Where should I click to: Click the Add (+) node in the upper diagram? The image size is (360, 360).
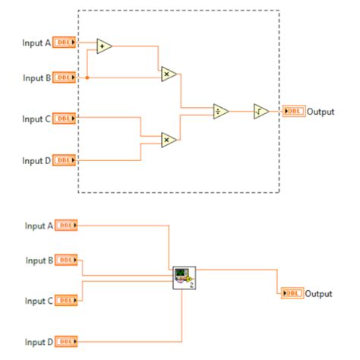[x=104, y=47]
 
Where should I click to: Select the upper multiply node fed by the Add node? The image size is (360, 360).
[x=169, y=74]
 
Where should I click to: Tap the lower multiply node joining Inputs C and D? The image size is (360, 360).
[x=169, y=139]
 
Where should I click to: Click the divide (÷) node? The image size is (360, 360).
[x=221, y=112]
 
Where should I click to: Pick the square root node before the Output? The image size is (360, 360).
[x=261, y=112]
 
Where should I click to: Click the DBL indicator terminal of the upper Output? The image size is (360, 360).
[x=293, y=112]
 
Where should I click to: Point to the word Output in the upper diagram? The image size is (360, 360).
[x=321, y=112]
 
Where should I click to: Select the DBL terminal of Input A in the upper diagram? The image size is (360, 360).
[x=65, y=43]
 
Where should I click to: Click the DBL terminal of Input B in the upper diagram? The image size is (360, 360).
[x=65, y=77]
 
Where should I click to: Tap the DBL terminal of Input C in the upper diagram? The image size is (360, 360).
[x=65, y=118]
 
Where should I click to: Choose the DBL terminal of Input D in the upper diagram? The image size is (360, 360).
[x=65, y=159]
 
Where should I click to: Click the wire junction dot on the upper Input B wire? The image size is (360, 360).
[x=87, y=77]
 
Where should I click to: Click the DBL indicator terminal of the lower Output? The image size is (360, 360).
[x=292, y=293]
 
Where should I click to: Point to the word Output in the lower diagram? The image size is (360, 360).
[x=320, y=293]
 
